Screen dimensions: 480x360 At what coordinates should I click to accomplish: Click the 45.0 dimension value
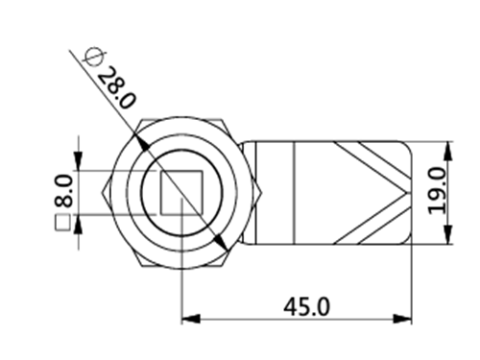306,306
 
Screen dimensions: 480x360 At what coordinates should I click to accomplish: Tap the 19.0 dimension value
437,191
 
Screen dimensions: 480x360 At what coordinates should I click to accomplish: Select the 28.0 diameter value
116,88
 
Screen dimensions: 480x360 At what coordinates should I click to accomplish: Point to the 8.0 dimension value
63,191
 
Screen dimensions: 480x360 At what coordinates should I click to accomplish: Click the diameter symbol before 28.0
93,58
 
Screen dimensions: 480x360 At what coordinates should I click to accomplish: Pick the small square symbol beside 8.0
63,223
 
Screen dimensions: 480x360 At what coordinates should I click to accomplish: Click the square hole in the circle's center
181,192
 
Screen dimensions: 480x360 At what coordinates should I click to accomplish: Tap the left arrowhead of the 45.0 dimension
191,319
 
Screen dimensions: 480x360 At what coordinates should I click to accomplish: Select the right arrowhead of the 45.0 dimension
402,319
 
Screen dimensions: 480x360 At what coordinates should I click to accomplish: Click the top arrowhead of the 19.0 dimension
448,151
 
